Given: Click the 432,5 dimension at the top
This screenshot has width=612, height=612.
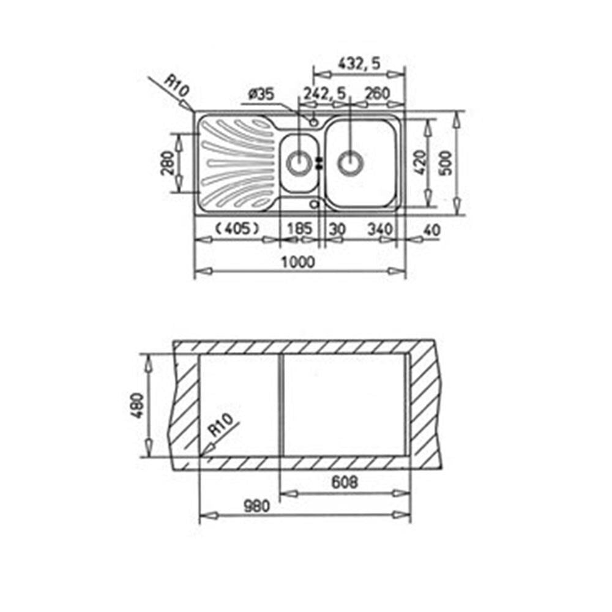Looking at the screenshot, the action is [x=359, y=63].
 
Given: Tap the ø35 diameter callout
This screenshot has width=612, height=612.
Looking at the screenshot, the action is [x=261, y=94].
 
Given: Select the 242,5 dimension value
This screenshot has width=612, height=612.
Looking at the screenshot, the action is [x=325, y=94].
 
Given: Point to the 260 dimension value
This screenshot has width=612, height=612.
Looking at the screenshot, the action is [x=377, y=94].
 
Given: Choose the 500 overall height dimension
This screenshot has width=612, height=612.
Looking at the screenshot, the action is [x=447, y=162].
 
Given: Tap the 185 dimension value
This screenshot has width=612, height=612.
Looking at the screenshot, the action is [x=300, y=228].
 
